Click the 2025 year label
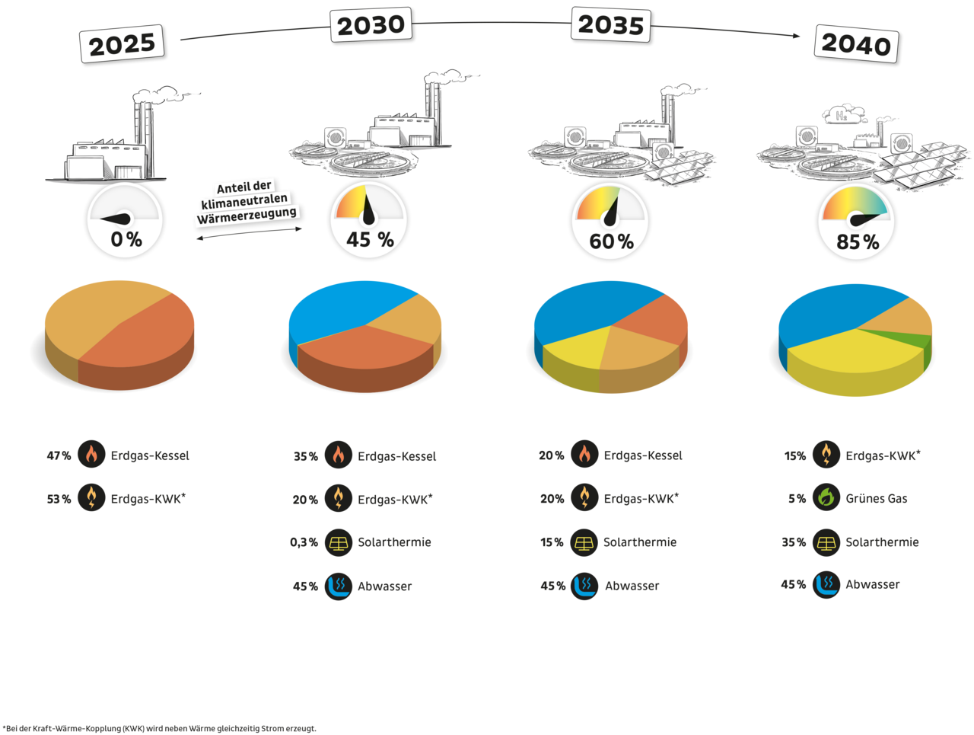[x=122, y=45]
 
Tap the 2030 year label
[x=371, y=26]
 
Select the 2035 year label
[x=611, y=25]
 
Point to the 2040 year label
[x=855, y=44]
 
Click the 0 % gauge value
[x=126, y=239]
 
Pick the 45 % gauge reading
[x=370, y=240]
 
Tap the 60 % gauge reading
[x=611, y=241]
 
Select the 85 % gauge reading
[x=858, y=242]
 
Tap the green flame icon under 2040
[x=826, y=498]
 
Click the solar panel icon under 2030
[x=338, y=542]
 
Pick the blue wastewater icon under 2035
[x=584, y=586]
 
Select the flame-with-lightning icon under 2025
[x=91, y=498]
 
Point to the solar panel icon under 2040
[x=826, y=542]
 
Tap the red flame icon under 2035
[x=584, y=455]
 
